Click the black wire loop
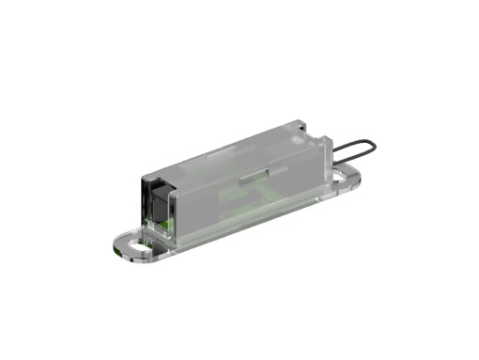click(353, 147)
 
